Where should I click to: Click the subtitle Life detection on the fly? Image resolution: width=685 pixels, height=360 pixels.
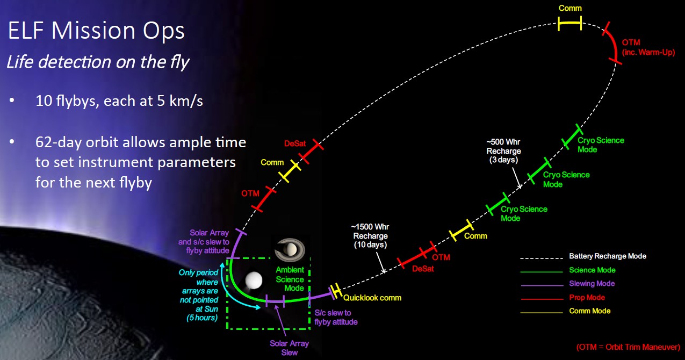(x=97, y=62)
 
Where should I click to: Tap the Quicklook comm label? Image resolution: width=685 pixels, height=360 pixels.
(x=372, y=298)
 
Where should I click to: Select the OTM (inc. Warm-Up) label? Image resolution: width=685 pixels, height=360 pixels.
(x=647, y=47)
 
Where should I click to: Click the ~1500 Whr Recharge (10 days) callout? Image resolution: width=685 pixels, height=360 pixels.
(x=370, y=236)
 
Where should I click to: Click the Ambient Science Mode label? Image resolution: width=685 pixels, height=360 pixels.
(x=290, y=279)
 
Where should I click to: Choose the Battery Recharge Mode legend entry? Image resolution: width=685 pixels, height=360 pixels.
(x=607, y=256)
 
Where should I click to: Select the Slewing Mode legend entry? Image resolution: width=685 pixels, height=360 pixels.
(x=592, y=284)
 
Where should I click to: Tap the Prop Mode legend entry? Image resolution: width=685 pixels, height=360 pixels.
(x=587, y=298)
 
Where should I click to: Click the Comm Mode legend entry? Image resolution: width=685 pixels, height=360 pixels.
(x=589, y=311)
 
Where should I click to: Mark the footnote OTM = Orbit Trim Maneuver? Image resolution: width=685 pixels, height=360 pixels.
(x=628, y=347)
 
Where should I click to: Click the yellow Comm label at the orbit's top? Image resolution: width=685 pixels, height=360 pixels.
(x=570, y=9)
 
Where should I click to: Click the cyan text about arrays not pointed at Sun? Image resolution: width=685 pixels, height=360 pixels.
(x=199, y=295)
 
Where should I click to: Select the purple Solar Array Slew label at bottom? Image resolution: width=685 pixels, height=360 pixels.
(x=289, y=348)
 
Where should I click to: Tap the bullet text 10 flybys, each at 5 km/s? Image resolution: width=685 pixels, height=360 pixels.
(x=119, y=101)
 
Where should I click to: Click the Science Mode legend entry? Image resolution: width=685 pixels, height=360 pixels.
(x=592, y=270)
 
